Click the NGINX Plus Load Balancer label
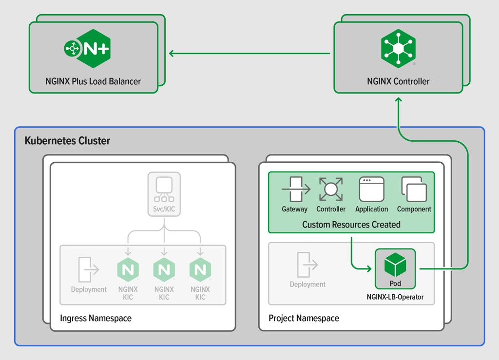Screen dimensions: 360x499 93,81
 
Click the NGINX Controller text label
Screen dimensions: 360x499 398,81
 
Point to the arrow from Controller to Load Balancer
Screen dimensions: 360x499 249,53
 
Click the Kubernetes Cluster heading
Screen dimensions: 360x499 67,141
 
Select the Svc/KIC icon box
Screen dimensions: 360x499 164,189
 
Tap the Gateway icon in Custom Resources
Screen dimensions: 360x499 295,189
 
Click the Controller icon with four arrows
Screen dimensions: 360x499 331,189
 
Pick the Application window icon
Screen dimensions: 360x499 371,189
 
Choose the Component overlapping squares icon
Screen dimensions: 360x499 414,189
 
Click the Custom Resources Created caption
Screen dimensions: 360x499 351,225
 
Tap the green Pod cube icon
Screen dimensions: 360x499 395,265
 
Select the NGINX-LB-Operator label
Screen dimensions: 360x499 395,297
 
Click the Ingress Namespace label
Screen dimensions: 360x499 96,318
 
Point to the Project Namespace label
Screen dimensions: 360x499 304,318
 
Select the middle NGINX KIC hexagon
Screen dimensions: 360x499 164,270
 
